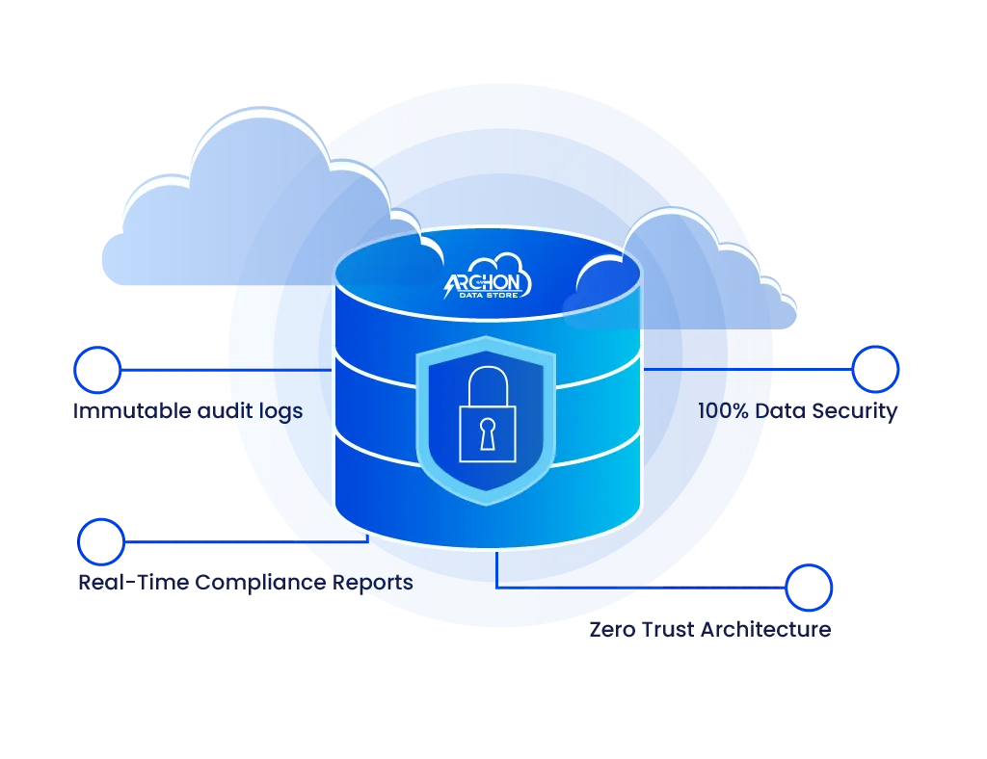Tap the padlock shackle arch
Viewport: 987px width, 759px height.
coord(486,381)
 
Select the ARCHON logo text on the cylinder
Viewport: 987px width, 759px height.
coord(488,282)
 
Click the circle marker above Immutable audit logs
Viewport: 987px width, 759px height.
coord(95,369)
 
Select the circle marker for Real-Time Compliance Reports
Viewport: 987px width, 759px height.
coord(100,541)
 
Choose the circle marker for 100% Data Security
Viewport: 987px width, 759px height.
coord(876,369)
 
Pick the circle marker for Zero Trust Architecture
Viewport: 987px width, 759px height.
coord(808,588)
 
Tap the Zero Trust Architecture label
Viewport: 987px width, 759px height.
coord(709,631)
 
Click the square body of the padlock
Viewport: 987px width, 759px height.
coord(486,434)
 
